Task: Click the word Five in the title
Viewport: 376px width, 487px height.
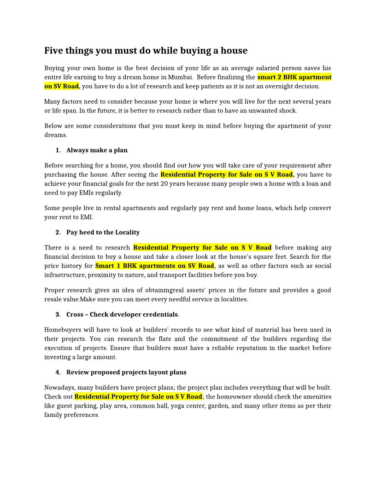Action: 53,51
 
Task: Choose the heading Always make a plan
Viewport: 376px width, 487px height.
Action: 97,150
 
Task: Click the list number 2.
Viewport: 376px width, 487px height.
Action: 58,232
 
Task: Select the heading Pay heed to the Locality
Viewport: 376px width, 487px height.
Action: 103,232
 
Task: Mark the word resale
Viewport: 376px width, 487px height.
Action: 54,299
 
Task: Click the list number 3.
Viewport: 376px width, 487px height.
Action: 58,315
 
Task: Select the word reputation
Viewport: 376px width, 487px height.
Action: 254,348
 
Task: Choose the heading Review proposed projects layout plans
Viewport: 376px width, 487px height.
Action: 126,372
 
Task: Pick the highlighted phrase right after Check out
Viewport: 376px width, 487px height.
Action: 138,397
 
